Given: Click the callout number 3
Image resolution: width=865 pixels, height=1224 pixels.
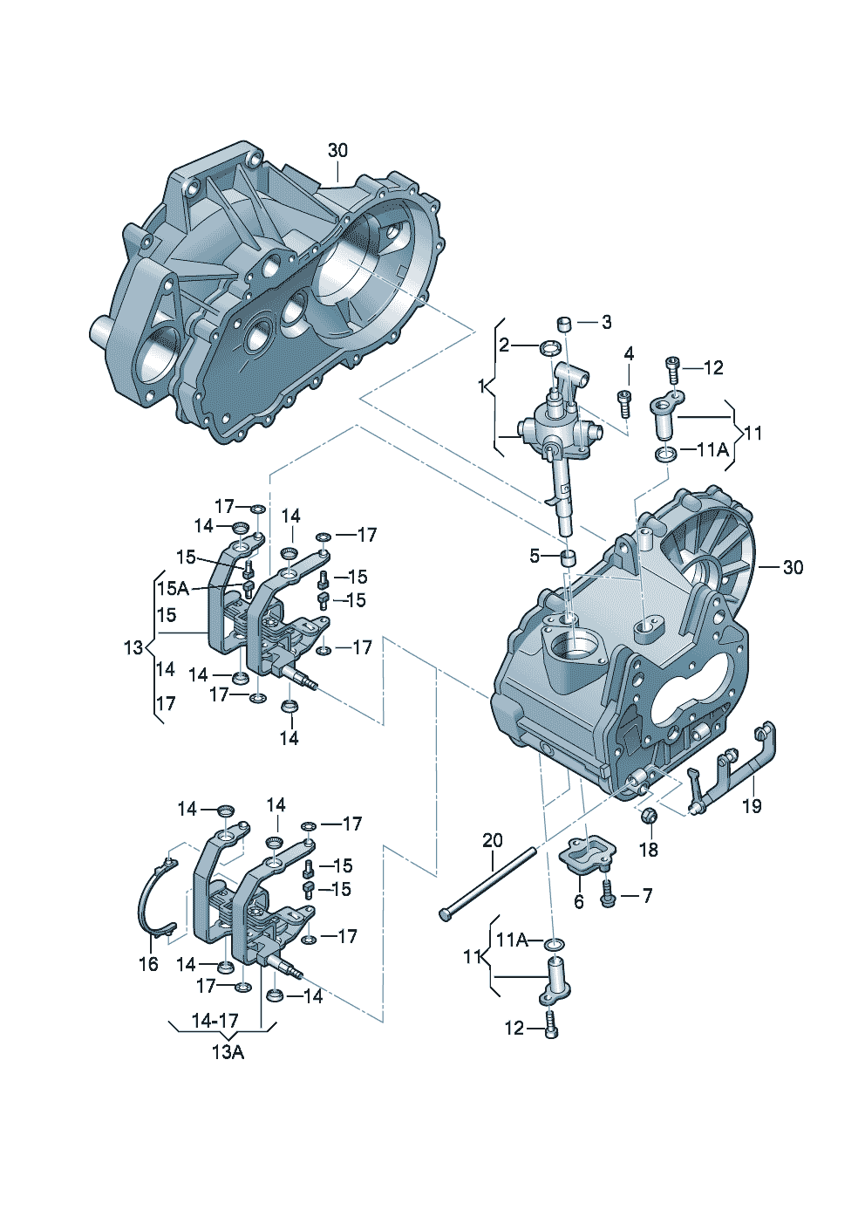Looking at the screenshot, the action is tap(606, 322).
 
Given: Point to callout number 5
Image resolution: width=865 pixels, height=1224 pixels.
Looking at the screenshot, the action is tap(535, 557).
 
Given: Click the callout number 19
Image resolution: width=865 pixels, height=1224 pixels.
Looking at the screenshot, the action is tap(752, 805).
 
